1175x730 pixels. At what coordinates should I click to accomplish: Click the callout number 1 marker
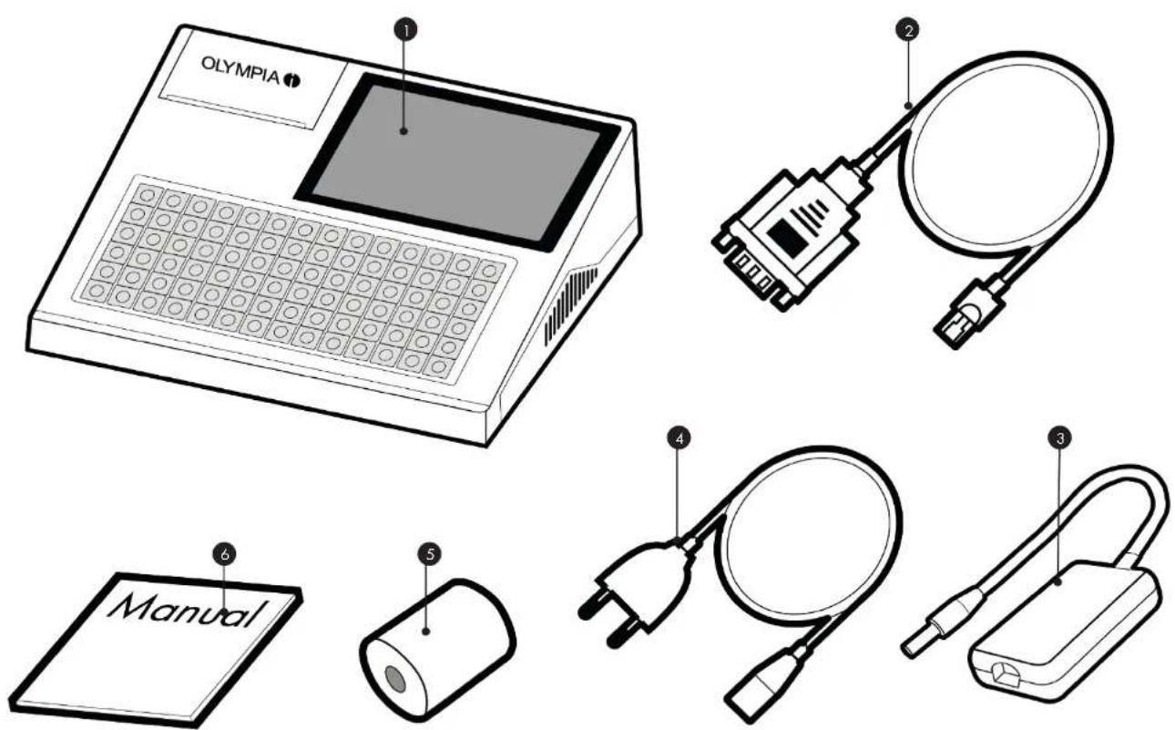[405, 30]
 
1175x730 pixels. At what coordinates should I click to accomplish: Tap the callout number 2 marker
[907, 30]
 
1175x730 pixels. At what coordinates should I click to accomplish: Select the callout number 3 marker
[1059, 437]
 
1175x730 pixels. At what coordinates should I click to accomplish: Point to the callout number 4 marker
[679, 437]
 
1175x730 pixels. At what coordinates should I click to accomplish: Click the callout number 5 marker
[430, 554]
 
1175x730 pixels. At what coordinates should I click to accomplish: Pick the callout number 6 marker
[224, 554]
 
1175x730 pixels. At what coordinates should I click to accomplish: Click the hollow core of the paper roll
[394, 679]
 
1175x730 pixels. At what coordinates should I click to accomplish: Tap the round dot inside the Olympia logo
[291, 80]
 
